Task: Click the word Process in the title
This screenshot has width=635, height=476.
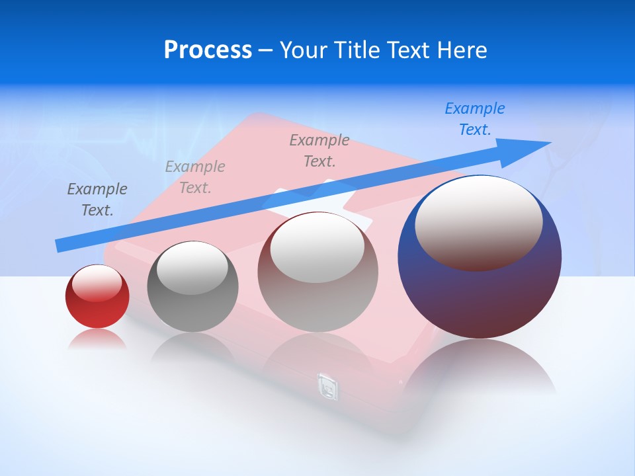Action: coord(208,50)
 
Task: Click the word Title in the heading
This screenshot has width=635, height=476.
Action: coord(357,50)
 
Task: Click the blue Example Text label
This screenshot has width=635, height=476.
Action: coord(475,119)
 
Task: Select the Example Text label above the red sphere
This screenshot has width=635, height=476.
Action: coord(97,200)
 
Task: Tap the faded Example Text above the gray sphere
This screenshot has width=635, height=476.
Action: coord(195,177)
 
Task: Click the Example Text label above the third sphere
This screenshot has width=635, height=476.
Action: coord(319,151)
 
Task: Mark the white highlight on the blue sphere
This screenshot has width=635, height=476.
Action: coord(478,221)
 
